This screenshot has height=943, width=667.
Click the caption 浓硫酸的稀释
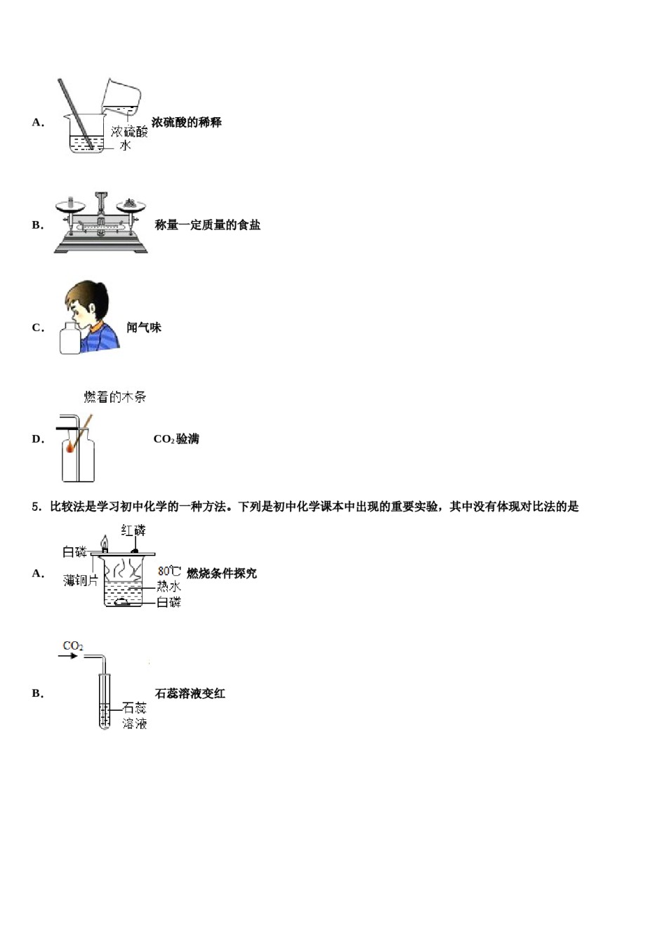click(186, 122)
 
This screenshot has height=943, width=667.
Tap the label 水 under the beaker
click(125, 145)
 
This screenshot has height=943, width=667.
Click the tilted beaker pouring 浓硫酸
click(121, 97)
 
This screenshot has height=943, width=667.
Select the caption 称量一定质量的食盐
click(208, 225)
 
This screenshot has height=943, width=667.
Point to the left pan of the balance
click(70, 205)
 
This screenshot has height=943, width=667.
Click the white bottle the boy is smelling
click(70, 338)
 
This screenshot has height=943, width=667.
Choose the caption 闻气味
click(144, 327)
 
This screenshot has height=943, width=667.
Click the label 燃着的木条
click(115, 397)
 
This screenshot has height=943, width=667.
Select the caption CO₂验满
click(176, 439)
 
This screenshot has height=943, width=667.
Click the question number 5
click(36, 507)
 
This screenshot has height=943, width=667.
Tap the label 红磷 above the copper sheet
click(133, 530)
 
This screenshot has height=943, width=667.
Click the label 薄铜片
click(81, 580)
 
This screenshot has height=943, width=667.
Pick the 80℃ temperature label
click(169, 572)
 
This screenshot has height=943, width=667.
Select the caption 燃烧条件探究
click(222, 573)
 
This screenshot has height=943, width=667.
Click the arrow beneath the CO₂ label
click(68, 656)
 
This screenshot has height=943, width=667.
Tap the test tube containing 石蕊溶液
click(105, 702)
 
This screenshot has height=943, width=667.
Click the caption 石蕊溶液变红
click(190, 693)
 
